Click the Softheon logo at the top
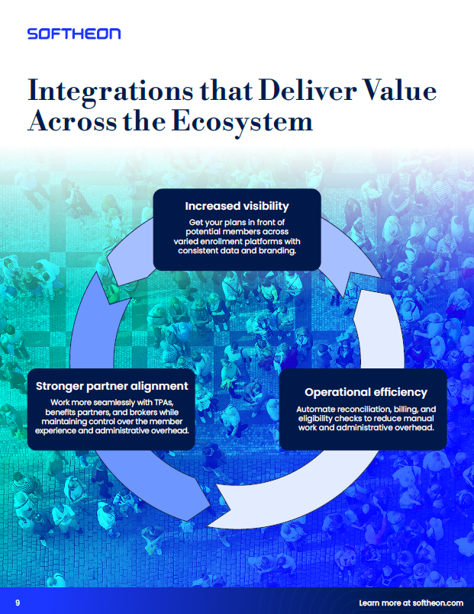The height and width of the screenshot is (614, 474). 73,34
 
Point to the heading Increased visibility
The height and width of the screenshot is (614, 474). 237,206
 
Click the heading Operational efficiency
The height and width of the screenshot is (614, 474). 366,392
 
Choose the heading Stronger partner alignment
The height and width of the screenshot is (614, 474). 112,386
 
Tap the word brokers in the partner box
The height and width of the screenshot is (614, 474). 148,411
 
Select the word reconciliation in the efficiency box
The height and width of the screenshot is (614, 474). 365,409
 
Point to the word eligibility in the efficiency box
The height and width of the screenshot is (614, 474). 318,418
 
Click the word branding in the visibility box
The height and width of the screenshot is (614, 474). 276,251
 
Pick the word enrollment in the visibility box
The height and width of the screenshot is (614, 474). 219,241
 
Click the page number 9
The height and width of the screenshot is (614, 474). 18,603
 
